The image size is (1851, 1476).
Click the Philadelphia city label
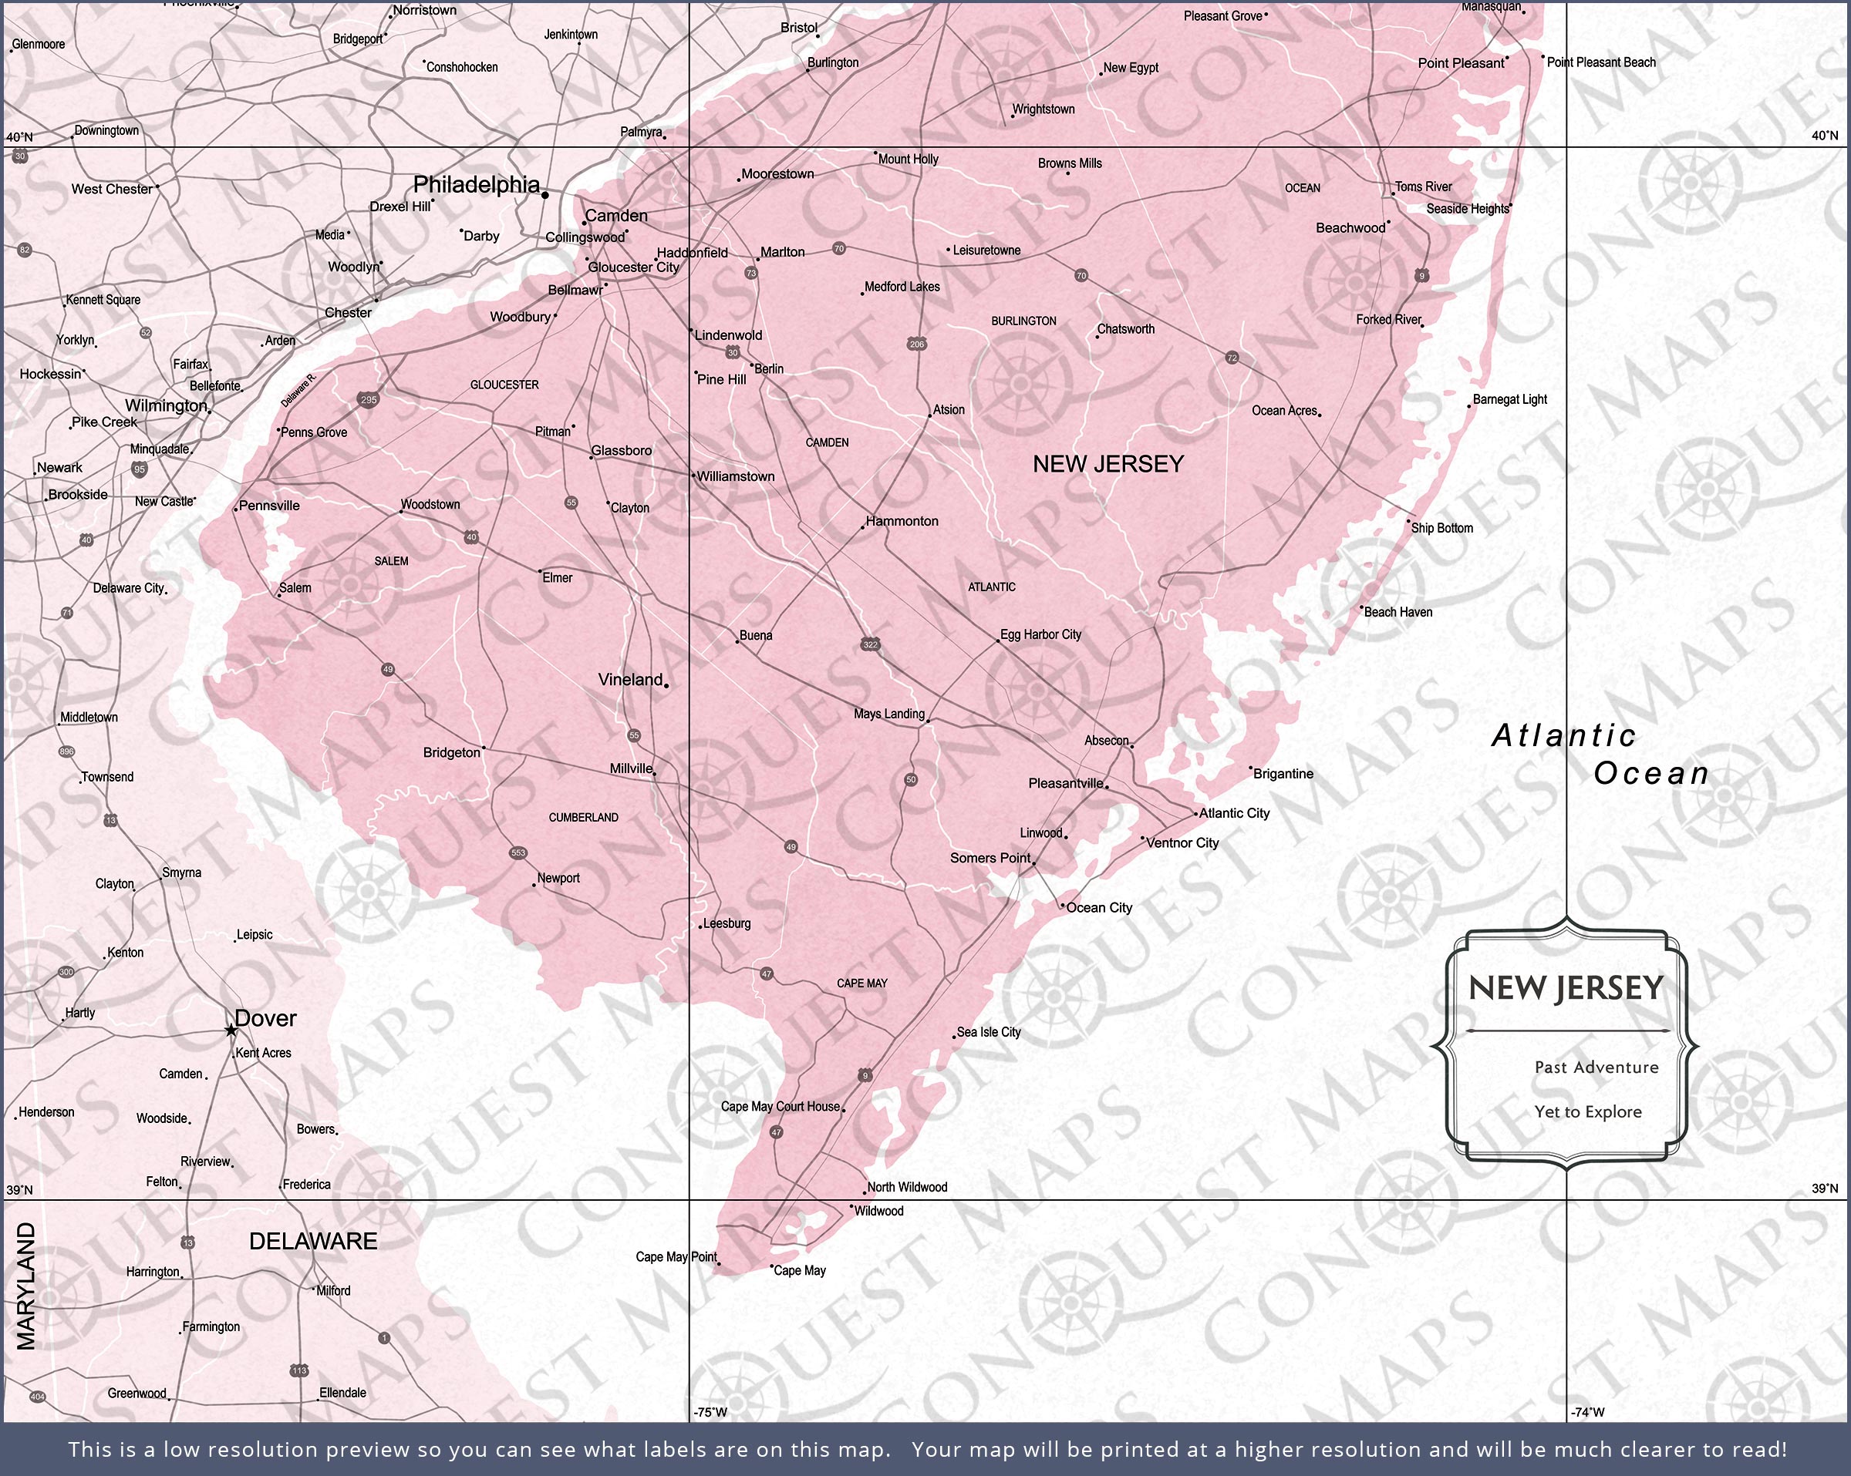click(x=477, y=184)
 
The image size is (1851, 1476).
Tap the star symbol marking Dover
click(x=230, y=1030)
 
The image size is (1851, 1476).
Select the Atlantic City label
click(x=1234, y=812)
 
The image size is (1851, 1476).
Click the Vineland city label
click(x=630, y=680)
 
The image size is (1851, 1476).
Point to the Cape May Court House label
click(x=780, y=1106)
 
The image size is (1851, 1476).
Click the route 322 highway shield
click(x=871, y=644)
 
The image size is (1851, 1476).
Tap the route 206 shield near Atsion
click(x=916, y=344)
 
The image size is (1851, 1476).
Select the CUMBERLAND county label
click(x=583, y=817)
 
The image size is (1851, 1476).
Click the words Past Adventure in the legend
click(x=1596, y=1067)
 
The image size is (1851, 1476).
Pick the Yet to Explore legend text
click(x=1587, y=1111)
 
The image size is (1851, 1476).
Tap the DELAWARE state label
click(x=312, y=1241)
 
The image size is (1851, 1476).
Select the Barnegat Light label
click(x=1509, y=399)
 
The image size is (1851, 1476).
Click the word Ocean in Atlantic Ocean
click(x=1651, y=773)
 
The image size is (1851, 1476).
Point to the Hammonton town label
click(x=902, y=521)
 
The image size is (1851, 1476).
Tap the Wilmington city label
click(x=166, y=405)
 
